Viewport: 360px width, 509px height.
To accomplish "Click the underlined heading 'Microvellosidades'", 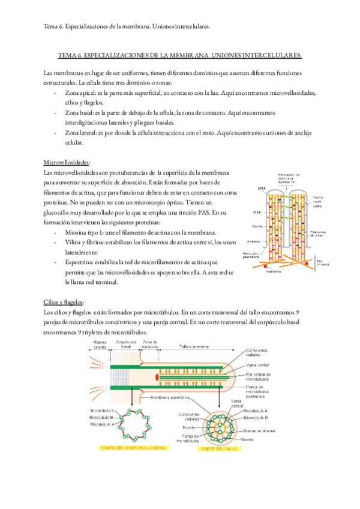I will (x=67, y=163).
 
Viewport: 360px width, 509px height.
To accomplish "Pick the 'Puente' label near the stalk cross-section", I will (x=190, y=428).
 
